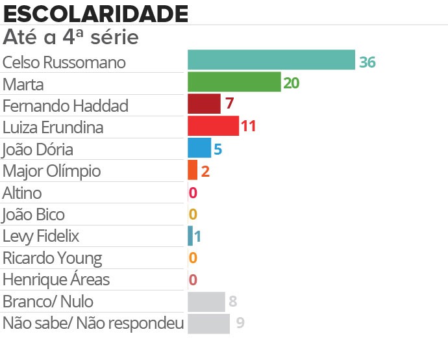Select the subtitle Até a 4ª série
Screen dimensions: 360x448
(x=71, y=37)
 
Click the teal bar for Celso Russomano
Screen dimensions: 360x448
(x=271, y=60)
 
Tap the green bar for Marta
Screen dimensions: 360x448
(x=234, y=82)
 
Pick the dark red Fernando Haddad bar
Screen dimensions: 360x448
(x=204, y=104)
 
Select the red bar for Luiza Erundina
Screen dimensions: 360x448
(x=213, y=125)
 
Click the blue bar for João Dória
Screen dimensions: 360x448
(x=199, y=148)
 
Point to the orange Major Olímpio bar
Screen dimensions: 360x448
(x=192, y=170)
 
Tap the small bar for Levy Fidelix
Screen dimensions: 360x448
(x=190, y=235)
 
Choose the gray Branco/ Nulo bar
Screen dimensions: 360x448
(x=206, y=302)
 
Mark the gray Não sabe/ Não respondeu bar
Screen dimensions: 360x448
(x=208, y=323)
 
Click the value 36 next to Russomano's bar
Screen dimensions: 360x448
(x=367, y=62)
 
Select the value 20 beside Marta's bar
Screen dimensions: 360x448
(x=291, y=83)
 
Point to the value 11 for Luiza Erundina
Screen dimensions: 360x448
(x=248, y=126)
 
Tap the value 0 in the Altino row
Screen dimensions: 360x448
(x=193, y=193)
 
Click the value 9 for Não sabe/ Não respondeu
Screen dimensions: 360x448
(x=240, y=323)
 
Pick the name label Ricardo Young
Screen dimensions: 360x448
(x=52, y=258)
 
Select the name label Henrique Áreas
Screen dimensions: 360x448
(x=56, y=280)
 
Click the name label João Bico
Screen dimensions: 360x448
(x=34, y=214)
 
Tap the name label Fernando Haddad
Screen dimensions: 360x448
(x=66, y=105)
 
